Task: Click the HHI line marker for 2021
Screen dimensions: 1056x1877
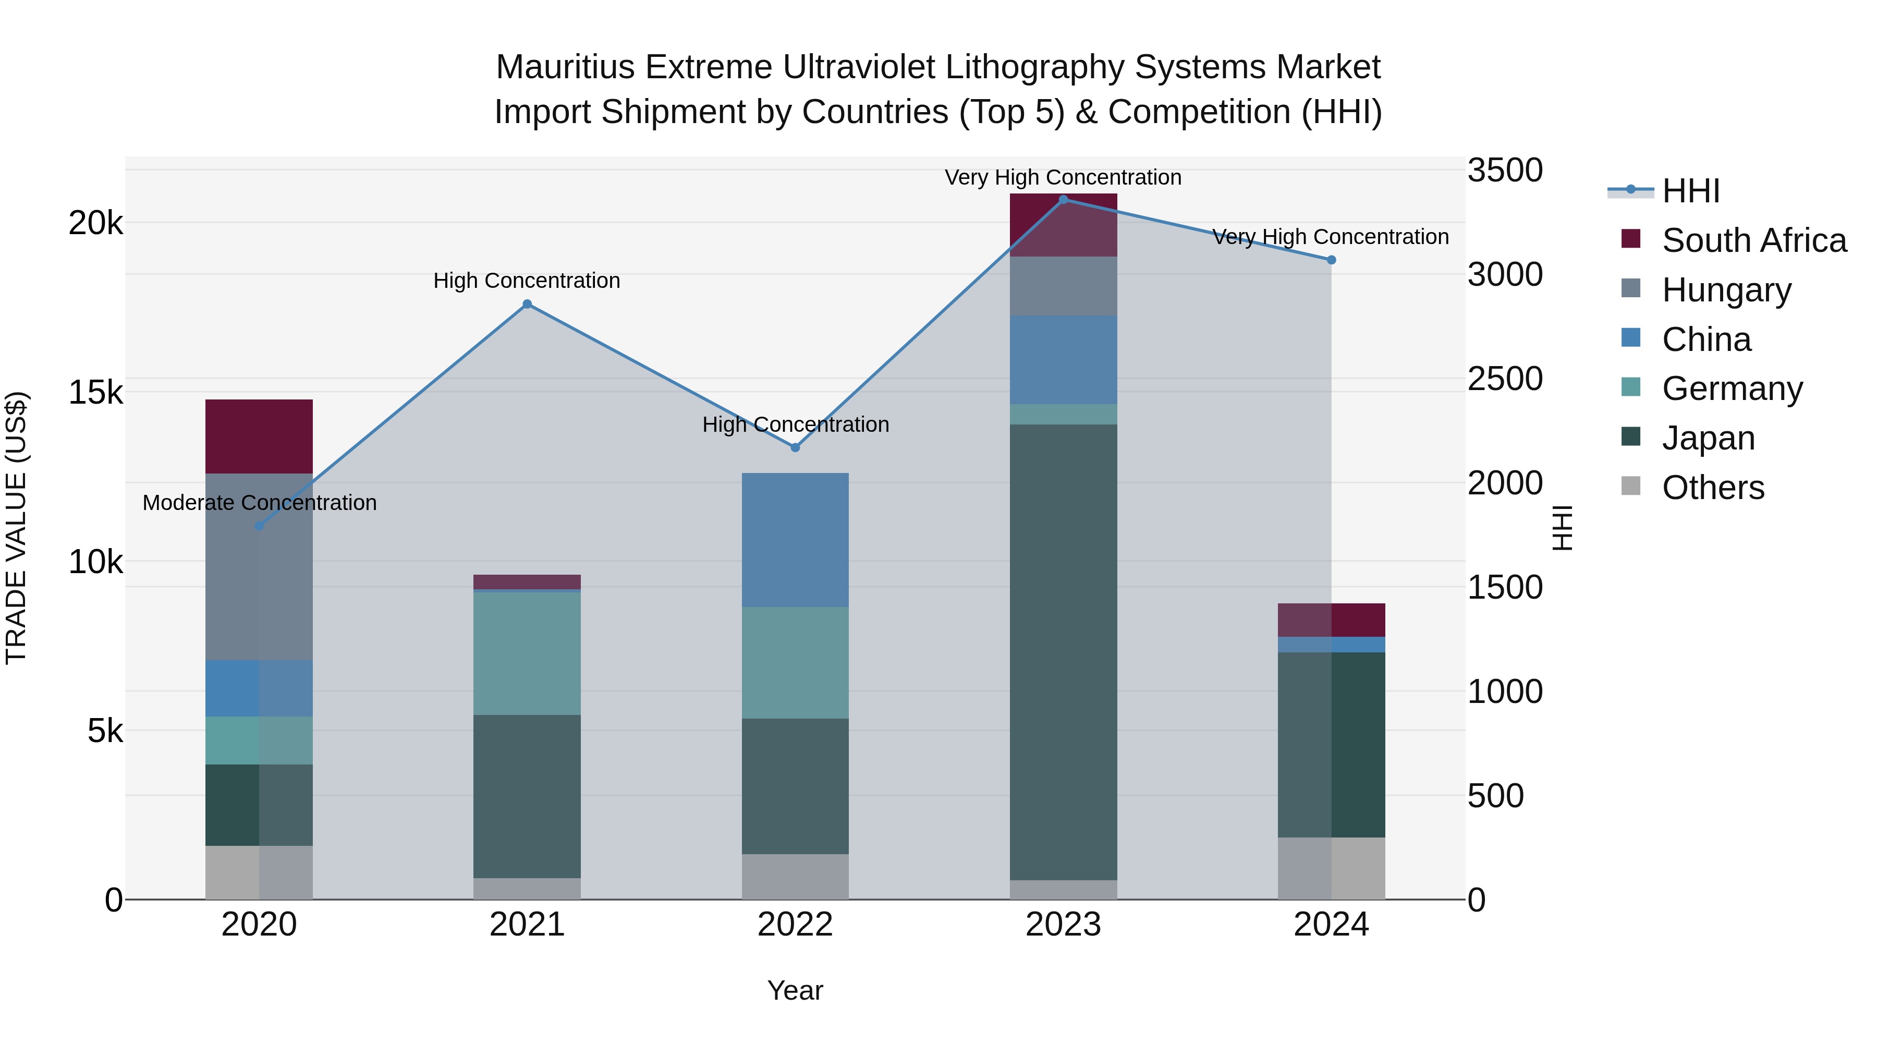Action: pyautogui.click(x=527, y=305)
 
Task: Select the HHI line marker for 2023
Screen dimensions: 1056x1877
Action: pyautogui.click(x=1063, y=200)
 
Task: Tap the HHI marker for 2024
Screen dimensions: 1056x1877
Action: pyautogui.click(x=1331, y=260)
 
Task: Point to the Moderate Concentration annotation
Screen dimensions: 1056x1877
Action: pyautogui.click(x=260, y=503)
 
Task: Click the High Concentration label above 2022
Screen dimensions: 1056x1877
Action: pyautogui.click(x=796, y=425)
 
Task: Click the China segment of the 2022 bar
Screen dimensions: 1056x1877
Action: pyautogui.click(x=795, y=540)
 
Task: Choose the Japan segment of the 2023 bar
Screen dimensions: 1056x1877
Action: pyautogui.click(x=1063, y=652)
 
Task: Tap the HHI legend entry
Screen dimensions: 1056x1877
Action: pyautogui.click(x=1690, y=191)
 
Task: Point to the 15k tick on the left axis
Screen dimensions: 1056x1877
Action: pyautogui.click(x=96, y=393)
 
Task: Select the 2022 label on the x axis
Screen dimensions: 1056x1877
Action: pyautogui.click(x=795, y=925)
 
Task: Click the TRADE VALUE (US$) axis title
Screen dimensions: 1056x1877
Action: pyautogui.click(x=17, y=528)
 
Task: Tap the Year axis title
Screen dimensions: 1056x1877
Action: pyautogui.click(x=795, y=990)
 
